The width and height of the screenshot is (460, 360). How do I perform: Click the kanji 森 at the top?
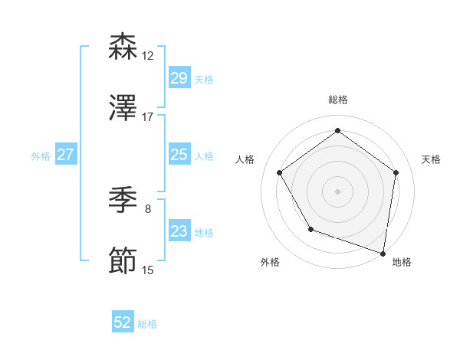pos(123,47)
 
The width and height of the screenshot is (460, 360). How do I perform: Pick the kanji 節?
pos(123,261)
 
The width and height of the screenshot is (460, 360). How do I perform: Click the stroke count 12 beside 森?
pos(148,56)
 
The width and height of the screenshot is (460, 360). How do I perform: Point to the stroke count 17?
pos(148,117)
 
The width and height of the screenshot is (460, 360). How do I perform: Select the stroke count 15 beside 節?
pos(148,270)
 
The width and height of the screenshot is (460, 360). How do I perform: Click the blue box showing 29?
pos(179,78)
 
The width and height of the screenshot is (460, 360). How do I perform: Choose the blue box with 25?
pos(179,155)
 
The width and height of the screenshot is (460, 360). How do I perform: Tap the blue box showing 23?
pos(179,231)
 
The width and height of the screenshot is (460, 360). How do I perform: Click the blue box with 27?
pos(65,155)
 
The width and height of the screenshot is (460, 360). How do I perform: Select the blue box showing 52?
pos(123,322)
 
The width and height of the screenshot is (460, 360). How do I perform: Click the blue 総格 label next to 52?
pos(148,324)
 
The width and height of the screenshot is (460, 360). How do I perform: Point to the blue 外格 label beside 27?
pos(41,156)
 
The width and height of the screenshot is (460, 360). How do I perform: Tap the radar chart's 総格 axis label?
pos(337,100)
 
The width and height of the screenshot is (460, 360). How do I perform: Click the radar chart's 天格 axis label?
pos(432,159)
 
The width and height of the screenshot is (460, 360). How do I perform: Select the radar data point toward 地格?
pos(383,253)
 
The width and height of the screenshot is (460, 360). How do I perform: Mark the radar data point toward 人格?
pos(279,172)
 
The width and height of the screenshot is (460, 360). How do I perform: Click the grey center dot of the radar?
pos(337,191)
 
